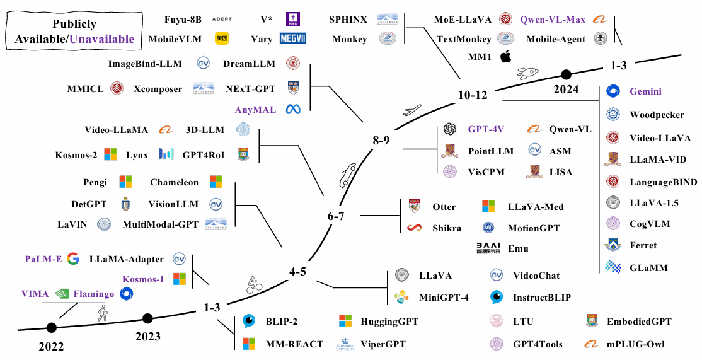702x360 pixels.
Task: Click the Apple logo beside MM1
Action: tap(506, 57)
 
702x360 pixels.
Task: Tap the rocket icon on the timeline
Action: tap(528, 73)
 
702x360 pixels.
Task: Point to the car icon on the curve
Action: tap(348, 175)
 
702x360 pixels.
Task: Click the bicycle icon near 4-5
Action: tap(255, 285)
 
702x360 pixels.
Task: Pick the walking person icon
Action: tap(103, 312)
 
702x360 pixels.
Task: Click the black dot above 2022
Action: tap(51, 327)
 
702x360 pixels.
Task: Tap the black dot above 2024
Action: tap(567, 74)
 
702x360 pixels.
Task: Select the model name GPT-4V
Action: tap(486, 129)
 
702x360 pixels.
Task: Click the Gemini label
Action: tap(645, 91)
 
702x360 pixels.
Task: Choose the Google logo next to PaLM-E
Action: tap(73, 258)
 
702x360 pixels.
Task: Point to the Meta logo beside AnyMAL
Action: tap(293, 109)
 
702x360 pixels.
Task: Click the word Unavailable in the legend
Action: tap(101, 39)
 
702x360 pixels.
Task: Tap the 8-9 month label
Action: tap(381, 140)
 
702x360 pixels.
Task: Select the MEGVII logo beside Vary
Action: tap(293, 38)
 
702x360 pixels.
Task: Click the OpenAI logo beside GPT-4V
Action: tap(449, 129)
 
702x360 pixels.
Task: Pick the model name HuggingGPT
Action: tap(389, 322)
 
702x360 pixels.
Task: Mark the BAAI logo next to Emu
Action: tap(488, 248)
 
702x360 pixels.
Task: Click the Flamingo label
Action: tap(94, 294)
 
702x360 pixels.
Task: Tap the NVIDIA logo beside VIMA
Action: tap(61, 294)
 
